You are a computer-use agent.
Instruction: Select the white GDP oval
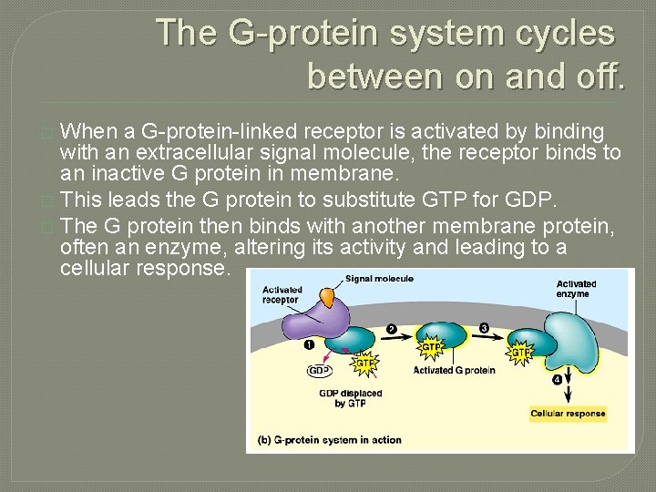(x=319, y=371)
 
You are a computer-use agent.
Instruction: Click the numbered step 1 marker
(x=309, y=345)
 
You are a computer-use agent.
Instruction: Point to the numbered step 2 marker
(x=391, y=329)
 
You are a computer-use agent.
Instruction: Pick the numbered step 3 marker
(x=484, y=327)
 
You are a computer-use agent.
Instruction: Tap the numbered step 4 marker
(x=556, y=379)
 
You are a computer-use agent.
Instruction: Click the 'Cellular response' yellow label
(x=568, y=414)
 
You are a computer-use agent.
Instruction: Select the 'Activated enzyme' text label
(x=576, y=289)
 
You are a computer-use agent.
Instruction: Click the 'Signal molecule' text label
(x=379, y=279)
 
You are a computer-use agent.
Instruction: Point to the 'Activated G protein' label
(x=454, y=371)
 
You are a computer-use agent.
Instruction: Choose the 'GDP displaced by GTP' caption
(x=351, y=398)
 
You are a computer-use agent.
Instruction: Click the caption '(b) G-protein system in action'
(x=330, y=440)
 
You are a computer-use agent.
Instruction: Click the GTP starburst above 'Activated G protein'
(x=431, y=347)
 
